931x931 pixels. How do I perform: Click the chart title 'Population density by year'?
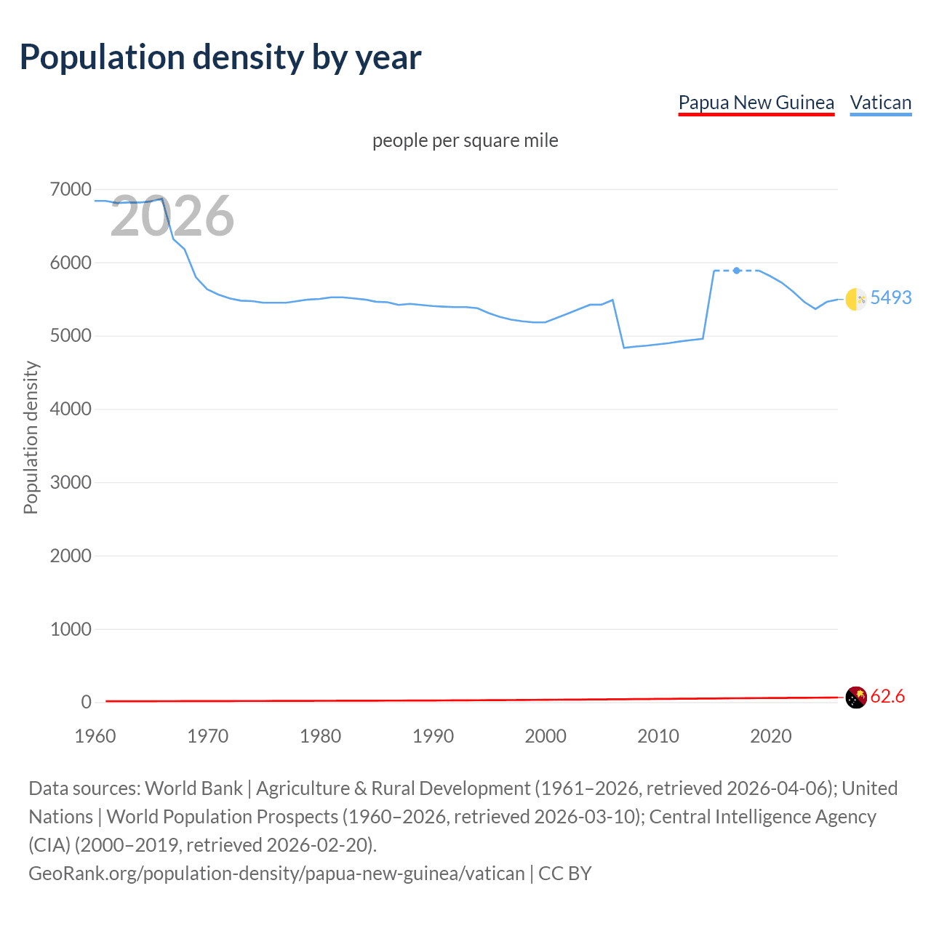pos(220,57)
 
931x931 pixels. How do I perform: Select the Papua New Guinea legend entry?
pos(756,103)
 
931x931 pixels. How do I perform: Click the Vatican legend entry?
pos(880,103)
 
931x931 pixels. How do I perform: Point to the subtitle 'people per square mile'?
pos(465,140)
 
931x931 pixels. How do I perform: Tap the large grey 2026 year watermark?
pos(172,216)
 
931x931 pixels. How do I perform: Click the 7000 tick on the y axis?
pos(71,190)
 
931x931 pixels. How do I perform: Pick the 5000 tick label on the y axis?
pos(71,336)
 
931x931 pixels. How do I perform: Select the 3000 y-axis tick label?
pos(71,482)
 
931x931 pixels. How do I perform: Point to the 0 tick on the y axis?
pos(86,702)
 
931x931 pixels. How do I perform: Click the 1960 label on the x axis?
pos(95,736)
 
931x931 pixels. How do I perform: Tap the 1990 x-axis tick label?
pos(433,736)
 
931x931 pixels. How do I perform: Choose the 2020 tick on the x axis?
pos(770,736)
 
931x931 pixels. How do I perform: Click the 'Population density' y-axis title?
pos(31,438)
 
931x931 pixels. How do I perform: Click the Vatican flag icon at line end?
pos(856,299)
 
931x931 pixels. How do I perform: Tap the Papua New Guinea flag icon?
pos(856,697)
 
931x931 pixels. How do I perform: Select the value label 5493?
pos(890,297)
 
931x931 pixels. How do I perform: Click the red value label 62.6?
pos(887,696)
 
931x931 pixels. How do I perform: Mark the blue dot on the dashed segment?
pos(737,271)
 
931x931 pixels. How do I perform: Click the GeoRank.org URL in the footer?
pos(276,873)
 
